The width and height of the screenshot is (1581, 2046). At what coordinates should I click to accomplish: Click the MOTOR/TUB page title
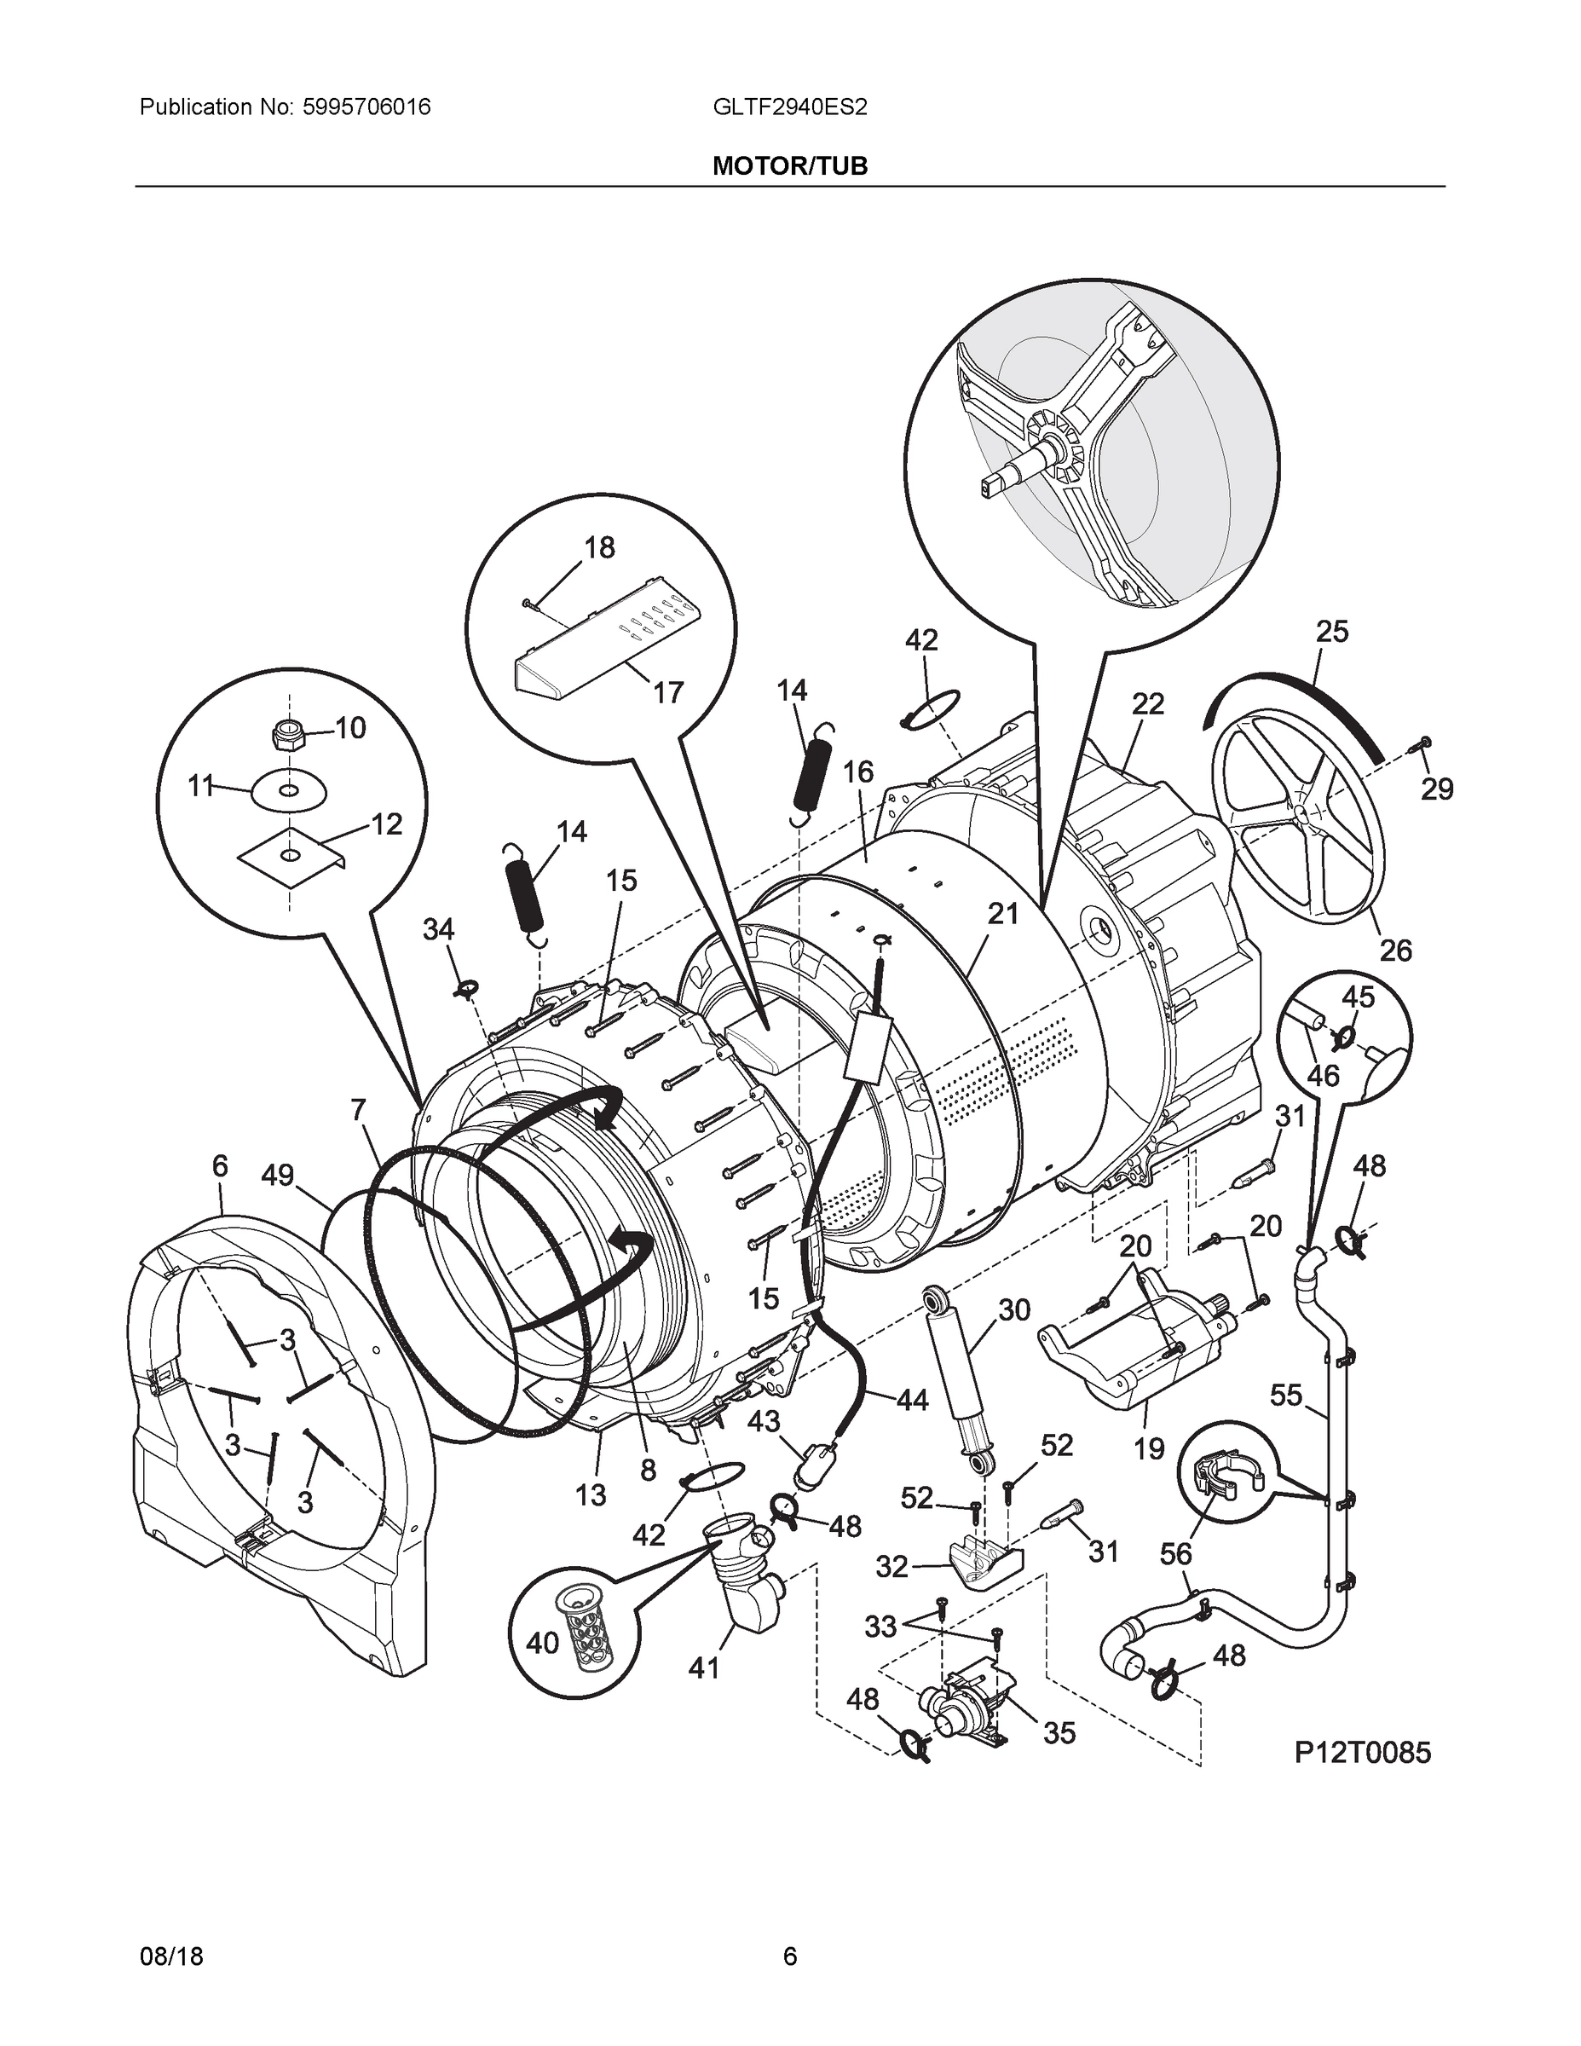(789, 166)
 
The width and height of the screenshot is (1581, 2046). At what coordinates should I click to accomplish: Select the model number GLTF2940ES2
(789, 107)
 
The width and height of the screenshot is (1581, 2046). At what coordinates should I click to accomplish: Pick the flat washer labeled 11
(290, 790)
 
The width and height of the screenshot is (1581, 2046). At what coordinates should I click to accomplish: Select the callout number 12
(386, 824)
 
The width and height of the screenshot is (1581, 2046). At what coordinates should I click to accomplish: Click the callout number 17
(668, 692)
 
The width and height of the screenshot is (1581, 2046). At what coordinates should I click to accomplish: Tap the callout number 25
(1331, 632)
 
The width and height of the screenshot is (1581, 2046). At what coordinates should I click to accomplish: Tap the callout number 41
(703, 1667)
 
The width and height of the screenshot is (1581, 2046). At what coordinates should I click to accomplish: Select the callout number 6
(219, 1165)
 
